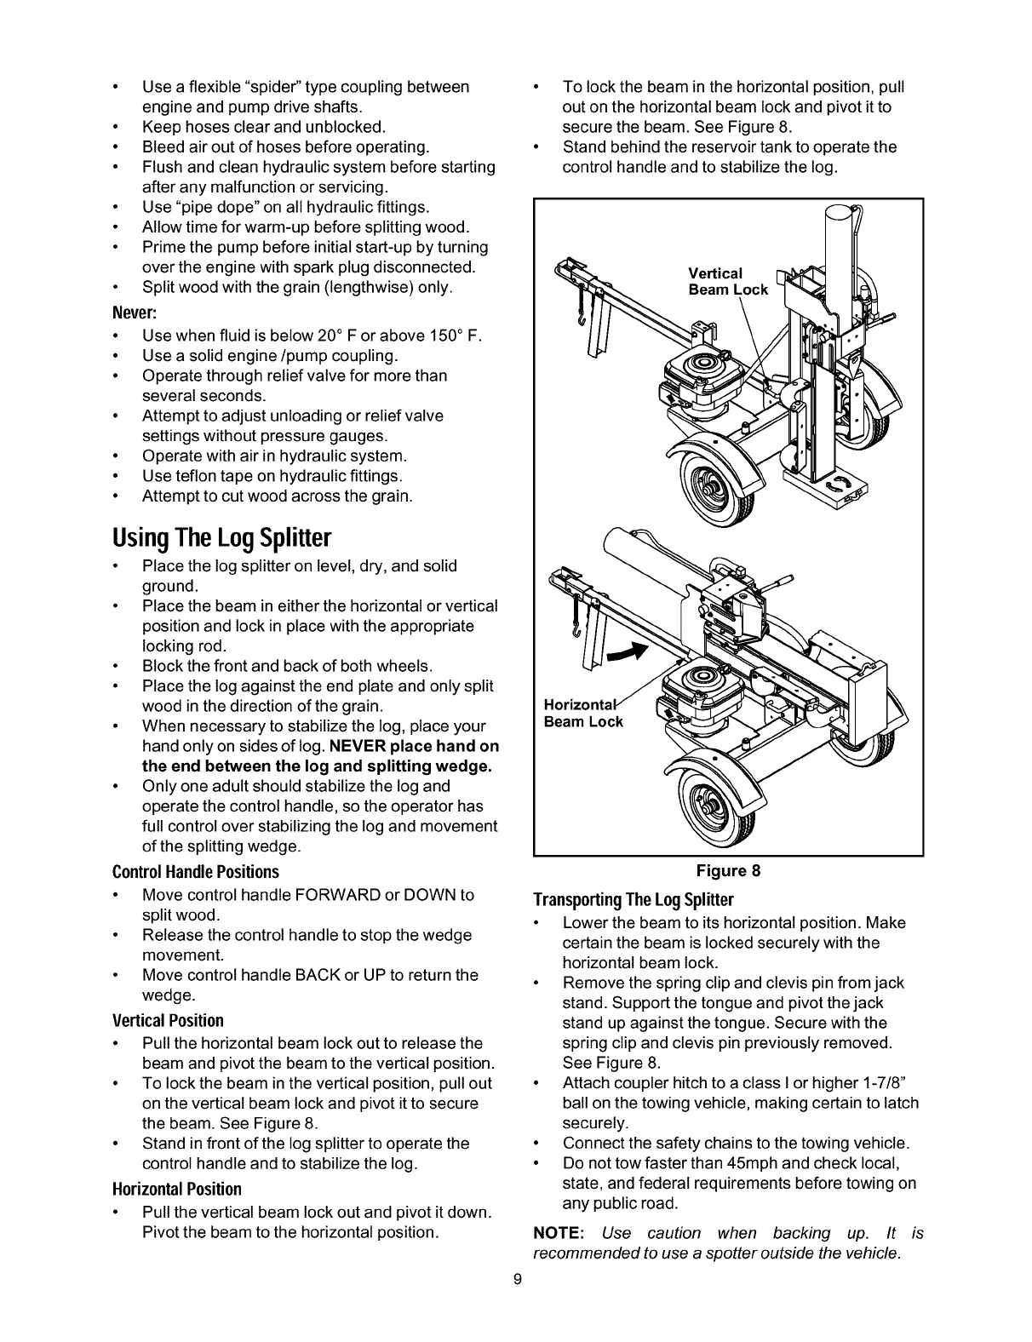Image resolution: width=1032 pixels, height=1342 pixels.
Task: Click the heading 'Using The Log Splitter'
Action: pos(221,538)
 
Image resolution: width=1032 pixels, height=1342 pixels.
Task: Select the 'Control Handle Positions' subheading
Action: pos(196,873)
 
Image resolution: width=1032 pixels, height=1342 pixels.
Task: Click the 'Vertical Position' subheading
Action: pos(168,1021)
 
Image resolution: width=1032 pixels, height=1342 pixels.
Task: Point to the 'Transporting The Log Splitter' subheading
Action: pos(633,900)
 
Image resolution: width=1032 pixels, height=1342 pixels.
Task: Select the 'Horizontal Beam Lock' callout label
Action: pos(583,714)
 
